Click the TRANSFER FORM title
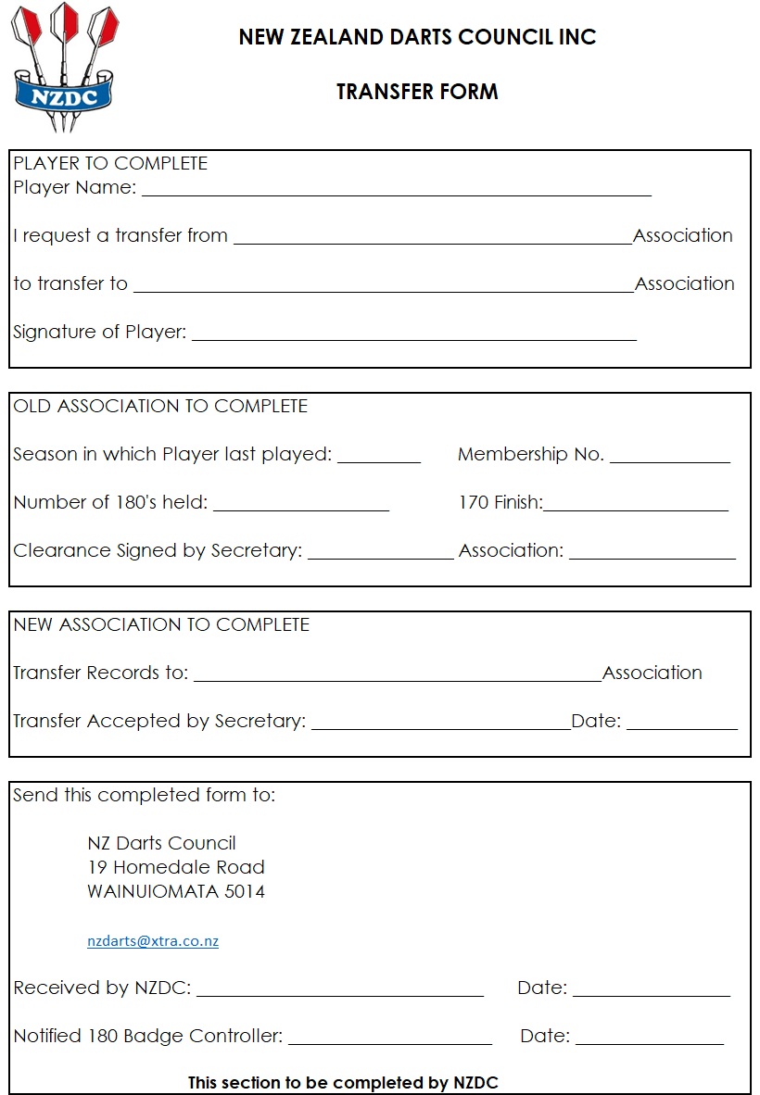pos(417,92)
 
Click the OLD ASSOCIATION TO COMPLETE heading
pos(160,406)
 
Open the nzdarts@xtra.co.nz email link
pos(153,940)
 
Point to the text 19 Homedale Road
pos(176,867)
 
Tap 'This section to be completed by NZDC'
pos(343,1082)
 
